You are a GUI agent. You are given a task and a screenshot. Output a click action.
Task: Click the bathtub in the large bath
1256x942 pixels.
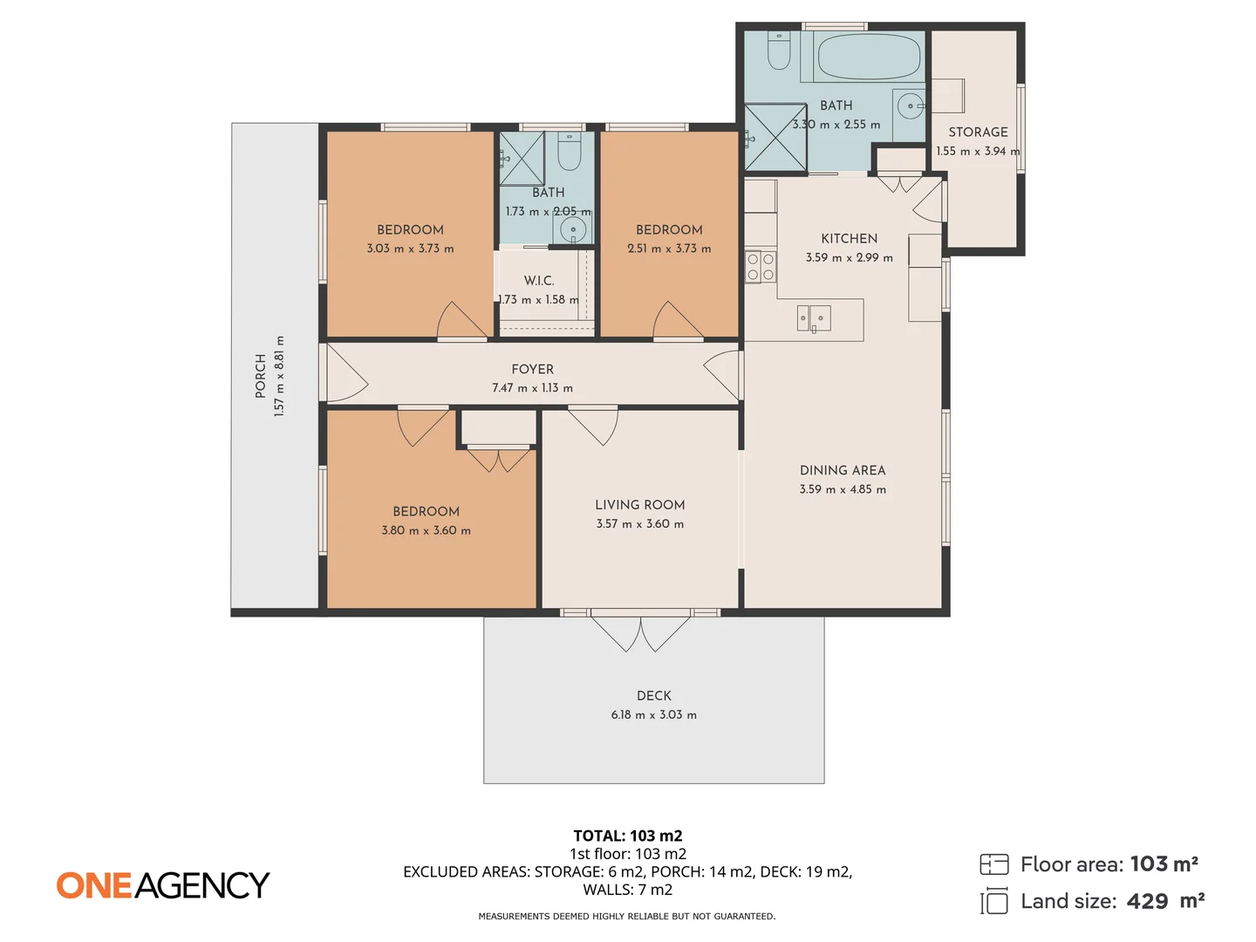869,57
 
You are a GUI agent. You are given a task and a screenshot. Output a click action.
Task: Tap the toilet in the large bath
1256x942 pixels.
779,51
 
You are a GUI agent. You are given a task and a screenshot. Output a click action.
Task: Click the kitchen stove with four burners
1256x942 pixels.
760,267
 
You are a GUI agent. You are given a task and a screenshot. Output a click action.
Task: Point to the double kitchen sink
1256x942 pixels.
813,318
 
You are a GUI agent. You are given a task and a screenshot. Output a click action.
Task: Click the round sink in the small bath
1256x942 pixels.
573,230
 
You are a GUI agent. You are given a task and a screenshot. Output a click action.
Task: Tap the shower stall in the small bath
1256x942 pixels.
522,159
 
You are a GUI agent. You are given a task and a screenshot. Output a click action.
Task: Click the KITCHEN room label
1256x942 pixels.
849,239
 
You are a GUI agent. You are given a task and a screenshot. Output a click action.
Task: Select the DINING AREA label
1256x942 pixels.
843,470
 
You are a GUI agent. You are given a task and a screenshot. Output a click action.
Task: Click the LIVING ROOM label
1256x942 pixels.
639,505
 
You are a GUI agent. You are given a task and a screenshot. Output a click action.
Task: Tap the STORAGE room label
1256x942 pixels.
978,133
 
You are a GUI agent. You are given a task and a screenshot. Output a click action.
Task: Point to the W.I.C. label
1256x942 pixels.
539,281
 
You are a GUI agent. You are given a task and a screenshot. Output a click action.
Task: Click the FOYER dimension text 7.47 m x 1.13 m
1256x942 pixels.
532,388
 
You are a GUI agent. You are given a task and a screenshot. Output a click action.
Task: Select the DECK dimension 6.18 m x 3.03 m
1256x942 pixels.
653,715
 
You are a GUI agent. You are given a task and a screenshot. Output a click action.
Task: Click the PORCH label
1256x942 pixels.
261,376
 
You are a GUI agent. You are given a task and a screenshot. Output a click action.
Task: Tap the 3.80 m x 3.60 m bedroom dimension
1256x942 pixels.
426,530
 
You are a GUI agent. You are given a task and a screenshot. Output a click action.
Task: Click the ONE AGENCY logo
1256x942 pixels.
163,885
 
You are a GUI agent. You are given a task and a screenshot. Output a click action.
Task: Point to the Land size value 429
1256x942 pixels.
1147,902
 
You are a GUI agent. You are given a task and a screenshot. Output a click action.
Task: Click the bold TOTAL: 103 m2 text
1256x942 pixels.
627,836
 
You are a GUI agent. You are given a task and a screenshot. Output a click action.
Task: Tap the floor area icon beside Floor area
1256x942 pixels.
993,864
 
